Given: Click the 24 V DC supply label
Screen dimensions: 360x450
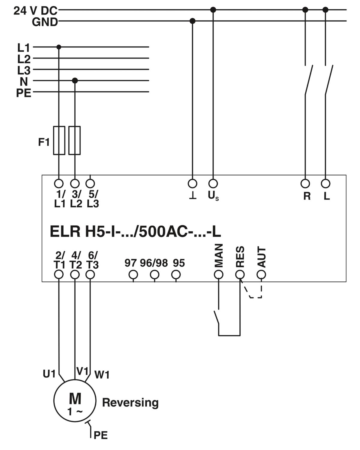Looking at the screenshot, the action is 35,10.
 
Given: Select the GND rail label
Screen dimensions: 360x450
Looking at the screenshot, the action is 45,22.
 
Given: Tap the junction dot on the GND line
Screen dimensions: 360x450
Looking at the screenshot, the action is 192,21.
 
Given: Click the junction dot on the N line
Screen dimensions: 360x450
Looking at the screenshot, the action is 75,80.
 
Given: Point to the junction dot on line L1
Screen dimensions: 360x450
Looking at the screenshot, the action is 59,47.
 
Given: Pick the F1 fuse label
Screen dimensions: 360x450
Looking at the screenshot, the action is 44,142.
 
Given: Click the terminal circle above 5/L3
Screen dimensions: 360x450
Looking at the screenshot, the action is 90,184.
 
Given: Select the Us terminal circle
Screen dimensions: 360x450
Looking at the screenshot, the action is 213,184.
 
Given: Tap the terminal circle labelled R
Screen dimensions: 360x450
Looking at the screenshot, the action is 305,184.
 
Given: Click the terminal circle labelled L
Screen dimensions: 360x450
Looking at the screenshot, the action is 325,184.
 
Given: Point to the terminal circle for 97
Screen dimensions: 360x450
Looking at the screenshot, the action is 133,274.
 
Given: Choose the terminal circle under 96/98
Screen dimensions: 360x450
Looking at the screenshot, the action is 154,274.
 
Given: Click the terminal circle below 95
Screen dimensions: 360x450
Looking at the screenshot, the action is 176,274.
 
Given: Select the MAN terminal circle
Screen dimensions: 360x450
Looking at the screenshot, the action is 219,274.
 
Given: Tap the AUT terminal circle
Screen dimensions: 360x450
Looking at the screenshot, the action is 261,274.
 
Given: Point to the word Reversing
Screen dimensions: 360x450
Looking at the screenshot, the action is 130,403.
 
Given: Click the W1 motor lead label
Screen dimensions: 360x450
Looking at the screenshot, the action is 102,375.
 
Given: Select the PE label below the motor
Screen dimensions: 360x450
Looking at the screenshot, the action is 100,435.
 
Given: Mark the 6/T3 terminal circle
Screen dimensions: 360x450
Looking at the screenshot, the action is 90,274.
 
